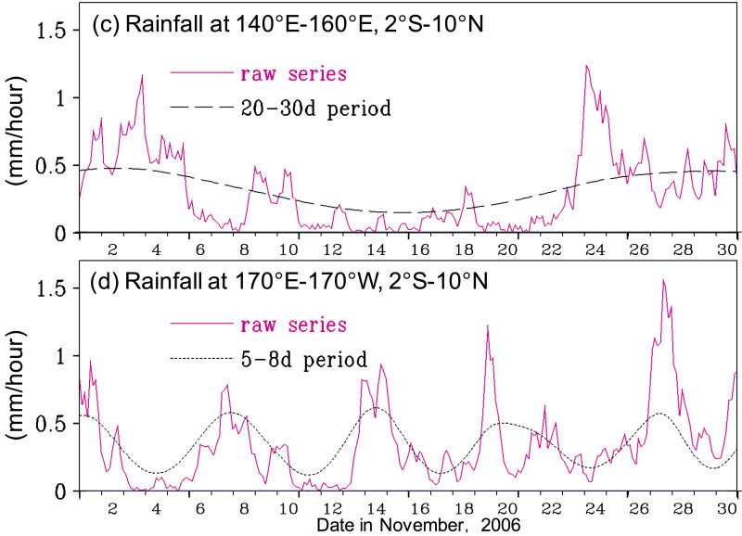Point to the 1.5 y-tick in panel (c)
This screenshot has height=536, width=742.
pyautogui.click(x=53, y=31)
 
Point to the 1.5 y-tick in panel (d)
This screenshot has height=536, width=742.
pyautogui.click(x=53, y=289)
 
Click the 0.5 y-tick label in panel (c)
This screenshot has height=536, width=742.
pyautogui.click(x=53, y=166)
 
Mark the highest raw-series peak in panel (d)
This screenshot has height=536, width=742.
pyautogui.click(x=663, y=280)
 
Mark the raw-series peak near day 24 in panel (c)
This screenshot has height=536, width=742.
pyautogui.click(x=586, y=66)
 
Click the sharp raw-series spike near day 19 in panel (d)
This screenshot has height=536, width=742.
pyautogui.click(x=487, y=326)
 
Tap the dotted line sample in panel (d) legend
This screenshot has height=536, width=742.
pyautogui.click(x=200, y=358)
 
